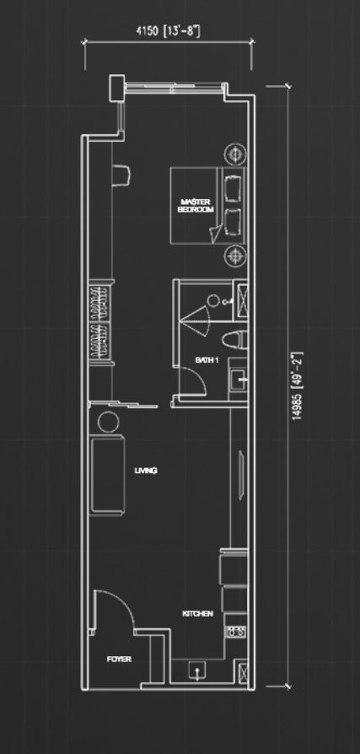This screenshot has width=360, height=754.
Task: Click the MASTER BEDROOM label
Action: coord(195,206)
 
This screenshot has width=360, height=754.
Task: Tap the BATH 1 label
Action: coord(207,359)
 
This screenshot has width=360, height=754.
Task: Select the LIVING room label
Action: coord(146,471)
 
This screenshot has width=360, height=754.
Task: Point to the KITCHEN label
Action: coord(197,614)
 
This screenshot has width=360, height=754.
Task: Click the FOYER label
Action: coord(119,660)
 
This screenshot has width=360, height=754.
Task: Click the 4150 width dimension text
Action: coord(168,32)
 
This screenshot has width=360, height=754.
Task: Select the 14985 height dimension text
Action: coord(298,386)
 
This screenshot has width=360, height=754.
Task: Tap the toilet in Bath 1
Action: coord(234,340)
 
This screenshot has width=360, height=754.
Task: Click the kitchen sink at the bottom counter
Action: coord(196,671)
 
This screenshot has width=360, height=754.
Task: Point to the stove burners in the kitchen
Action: coord(235,632)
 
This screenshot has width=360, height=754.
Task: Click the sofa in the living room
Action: coord(108,475)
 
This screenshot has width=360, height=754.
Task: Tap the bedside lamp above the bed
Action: coord(235,154)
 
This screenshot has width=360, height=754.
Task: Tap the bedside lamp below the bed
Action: coord(235,255)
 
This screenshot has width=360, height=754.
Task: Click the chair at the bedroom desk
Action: coord(121,175)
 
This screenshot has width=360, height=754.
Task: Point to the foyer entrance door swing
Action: coord(127,602)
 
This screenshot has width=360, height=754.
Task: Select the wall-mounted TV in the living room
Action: coord(241,471)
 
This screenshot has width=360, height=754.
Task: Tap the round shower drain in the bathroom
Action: coord(213,301)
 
